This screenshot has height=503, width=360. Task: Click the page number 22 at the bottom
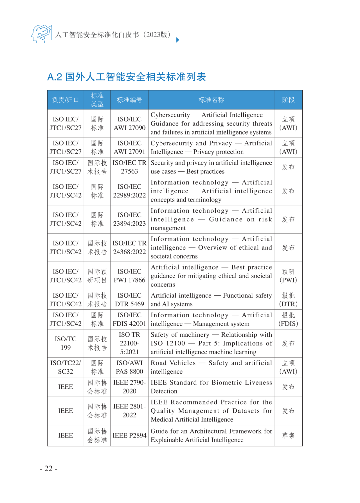(48, 468)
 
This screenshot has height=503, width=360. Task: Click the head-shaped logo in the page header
(41, 34)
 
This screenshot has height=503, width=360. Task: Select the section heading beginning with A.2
(127, 77)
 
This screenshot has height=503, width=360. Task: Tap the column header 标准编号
(129, 100)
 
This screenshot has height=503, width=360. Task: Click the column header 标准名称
(211, 100)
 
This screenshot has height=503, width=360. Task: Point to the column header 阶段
(288, 100)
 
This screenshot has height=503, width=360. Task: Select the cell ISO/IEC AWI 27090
(129, 123)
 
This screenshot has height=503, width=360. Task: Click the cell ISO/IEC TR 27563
(129, 167)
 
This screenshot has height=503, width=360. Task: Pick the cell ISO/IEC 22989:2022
(129, 191)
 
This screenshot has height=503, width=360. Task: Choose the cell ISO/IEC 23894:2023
(129, 219)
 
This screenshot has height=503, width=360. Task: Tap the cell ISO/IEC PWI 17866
(129, 276)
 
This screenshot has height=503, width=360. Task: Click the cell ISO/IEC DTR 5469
(129, 300)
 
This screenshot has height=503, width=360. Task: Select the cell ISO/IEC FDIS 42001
(129, 319)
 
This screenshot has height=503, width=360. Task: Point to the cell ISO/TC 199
(66, 343)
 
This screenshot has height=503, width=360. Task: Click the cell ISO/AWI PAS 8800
(129, 367)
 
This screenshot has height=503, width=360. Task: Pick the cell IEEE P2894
(129, 435)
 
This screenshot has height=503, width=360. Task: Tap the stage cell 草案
(288, 435)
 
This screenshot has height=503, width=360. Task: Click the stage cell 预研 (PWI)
(288, 276)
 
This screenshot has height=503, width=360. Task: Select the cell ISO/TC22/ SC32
(66, 367)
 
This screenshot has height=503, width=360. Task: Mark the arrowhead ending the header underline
(178, 40)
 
